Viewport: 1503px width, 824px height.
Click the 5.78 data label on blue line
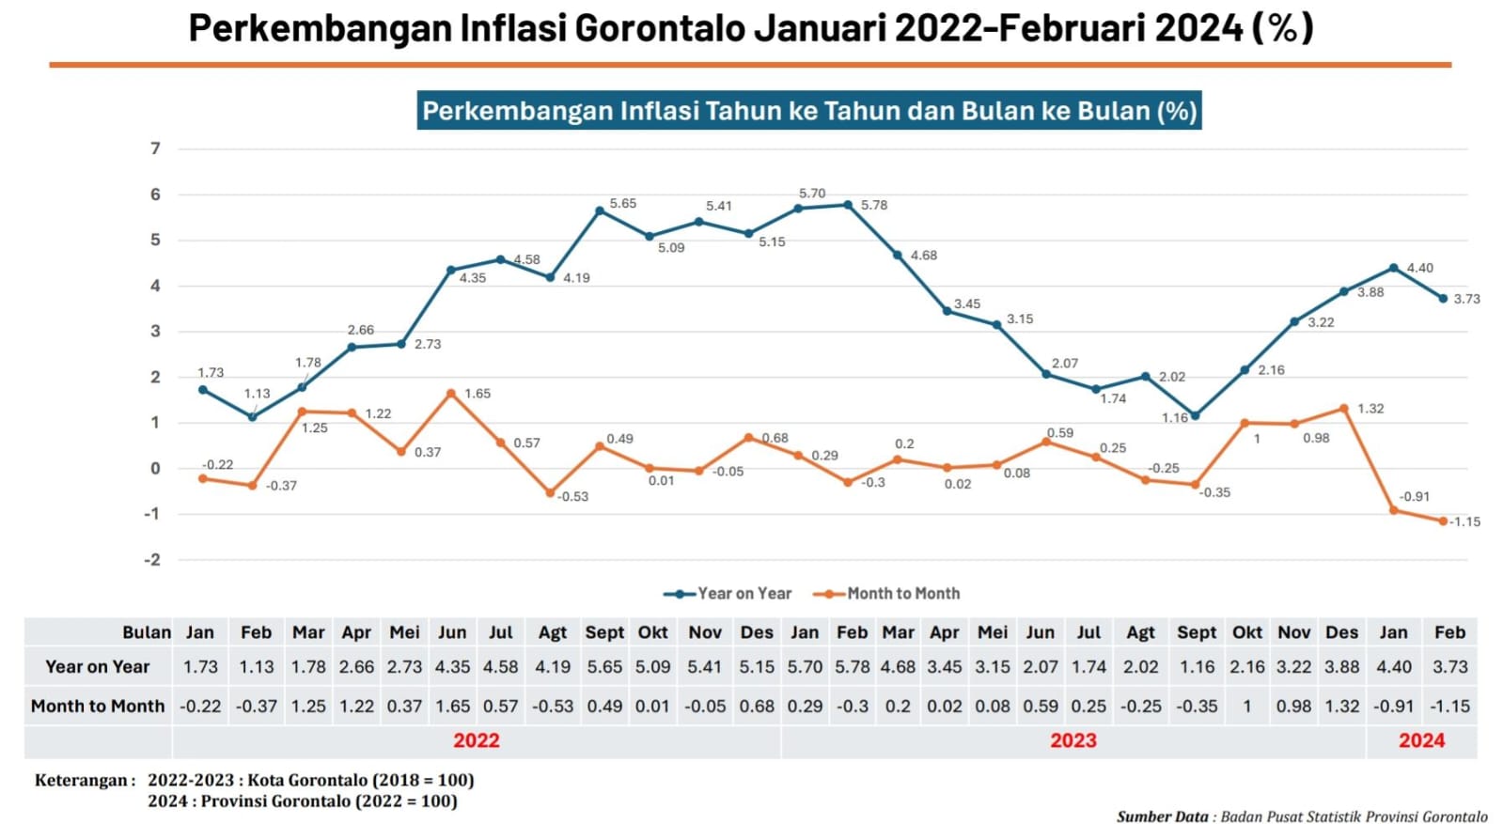point(873,205)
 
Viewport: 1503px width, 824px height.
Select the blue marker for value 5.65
point(599,211)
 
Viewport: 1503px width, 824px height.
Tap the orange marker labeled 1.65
point(451,394)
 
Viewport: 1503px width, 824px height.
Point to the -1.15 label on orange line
point(1464,521)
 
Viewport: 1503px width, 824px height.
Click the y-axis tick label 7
point(156,148)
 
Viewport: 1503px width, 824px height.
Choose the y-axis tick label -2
point(152,560)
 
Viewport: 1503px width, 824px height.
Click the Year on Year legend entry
point(744,594)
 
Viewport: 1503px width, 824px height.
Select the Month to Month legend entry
point(902,594)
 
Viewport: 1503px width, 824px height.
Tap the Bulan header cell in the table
point(147,632)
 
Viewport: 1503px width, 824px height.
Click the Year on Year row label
point(97,667)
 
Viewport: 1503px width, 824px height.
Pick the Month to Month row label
point(97,707)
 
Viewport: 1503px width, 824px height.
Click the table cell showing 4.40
point(1393,667)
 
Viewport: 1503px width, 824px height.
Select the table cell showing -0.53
point(552,707)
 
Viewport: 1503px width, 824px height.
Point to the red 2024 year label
point(1420,740)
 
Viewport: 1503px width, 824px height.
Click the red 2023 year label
point(1072,740)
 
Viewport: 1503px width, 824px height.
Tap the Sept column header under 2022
point(603,632)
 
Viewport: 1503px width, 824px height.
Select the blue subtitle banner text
point(808,111)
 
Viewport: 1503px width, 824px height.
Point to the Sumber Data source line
point(1302,816)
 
